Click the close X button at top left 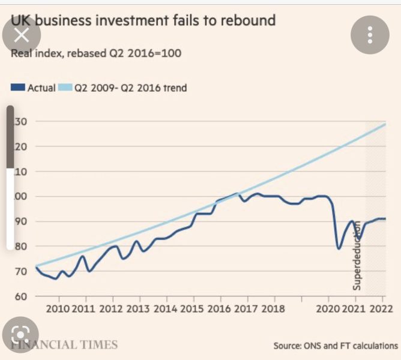tap(21, 35)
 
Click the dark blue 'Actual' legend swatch tap(18, 88)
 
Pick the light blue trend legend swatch tap(65, 88)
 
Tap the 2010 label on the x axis tap(58, 309)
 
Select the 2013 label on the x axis tap(139, 309)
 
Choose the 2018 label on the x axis tap(274, 309)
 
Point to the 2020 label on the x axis tap(328, 309)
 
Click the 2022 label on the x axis tap(381, 309)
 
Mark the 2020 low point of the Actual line tap(339, 248)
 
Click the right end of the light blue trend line tap(384, 124)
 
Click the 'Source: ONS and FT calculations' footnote tap(335, 346)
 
